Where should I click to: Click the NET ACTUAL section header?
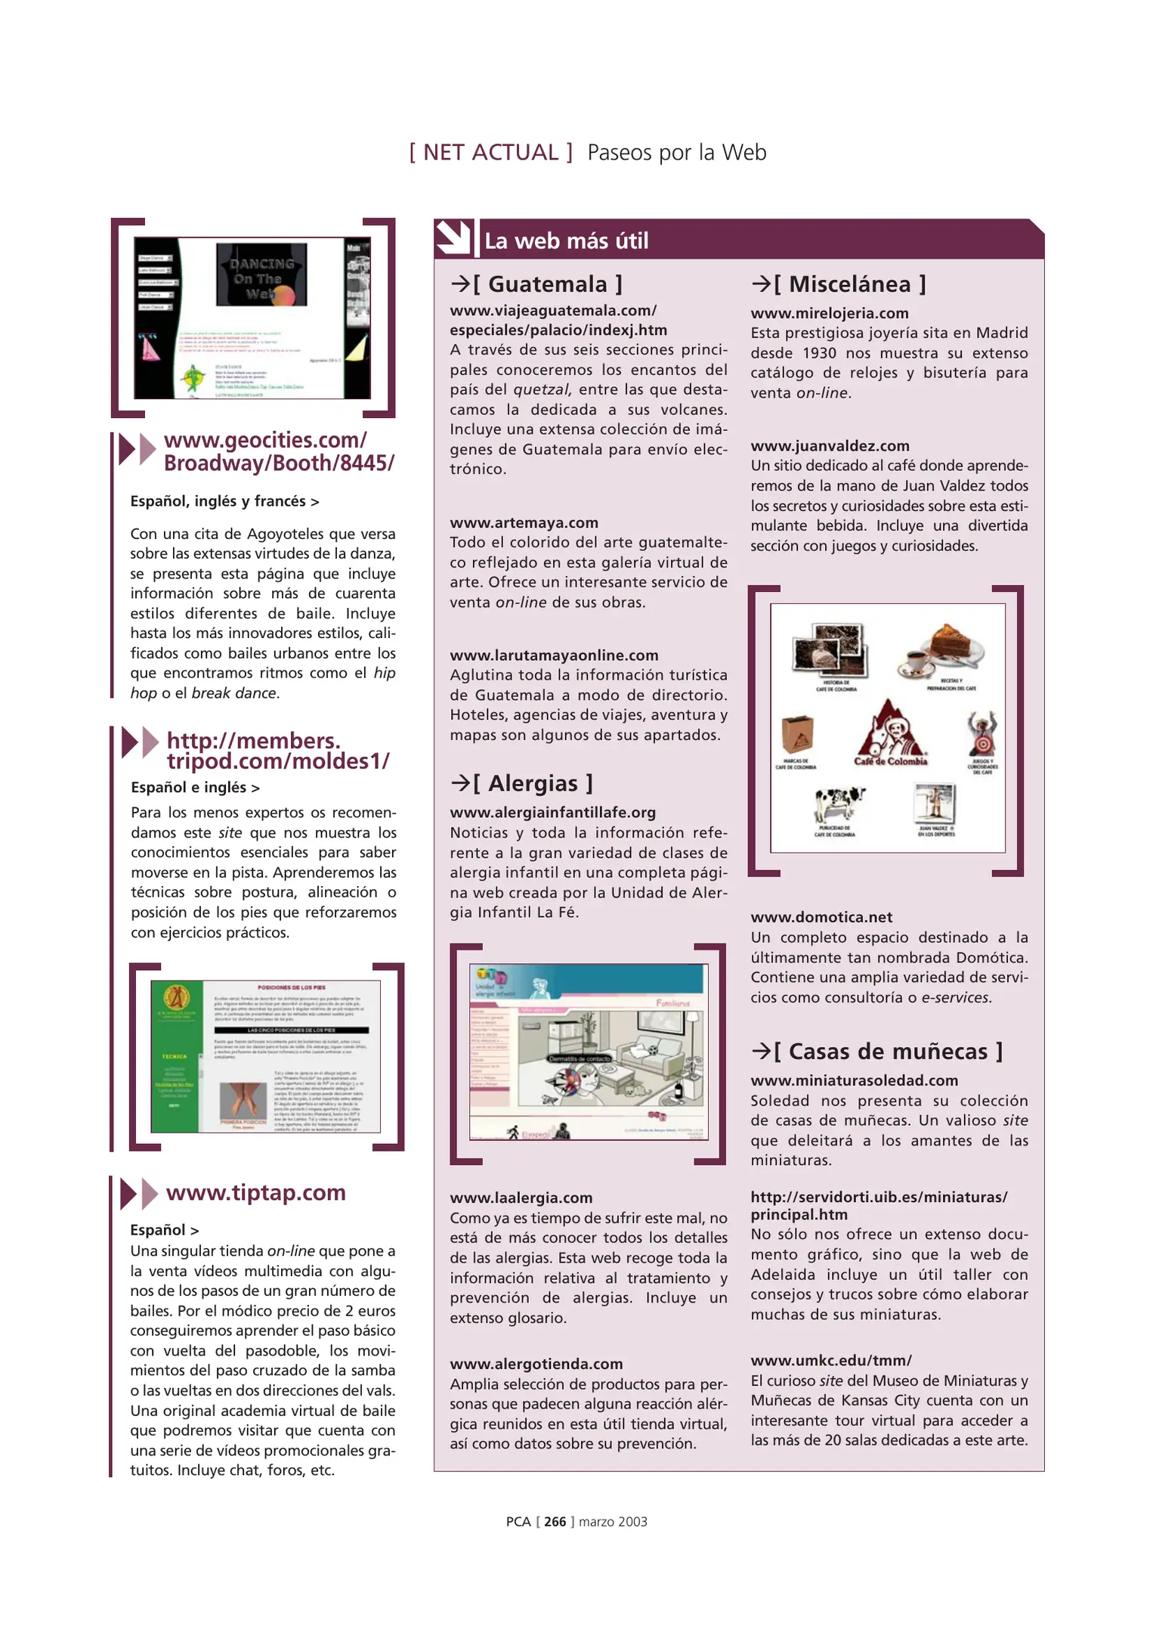point(490,153)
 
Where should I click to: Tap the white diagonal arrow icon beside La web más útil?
point(453,238)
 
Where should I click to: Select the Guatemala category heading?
point(537,284)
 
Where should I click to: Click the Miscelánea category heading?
point(839,284)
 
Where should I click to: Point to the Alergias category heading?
point(522,783)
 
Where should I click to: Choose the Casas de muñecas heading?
point(877,1052)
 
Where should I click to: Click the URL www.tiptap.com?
point(255,1193)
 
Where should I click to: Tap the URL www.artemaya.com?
point(524,522)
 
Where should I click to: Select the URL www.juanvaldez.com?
point(830,446)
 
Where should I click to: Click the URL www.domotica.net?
point(821,917)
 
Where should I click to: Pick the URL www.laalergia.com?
point(521,1198)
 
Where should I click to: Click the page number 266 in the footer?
point(555,1522)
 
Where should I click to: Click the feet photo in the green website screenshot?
point(243,1101)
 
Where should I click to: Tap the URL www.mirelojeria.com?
point(829,313)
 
